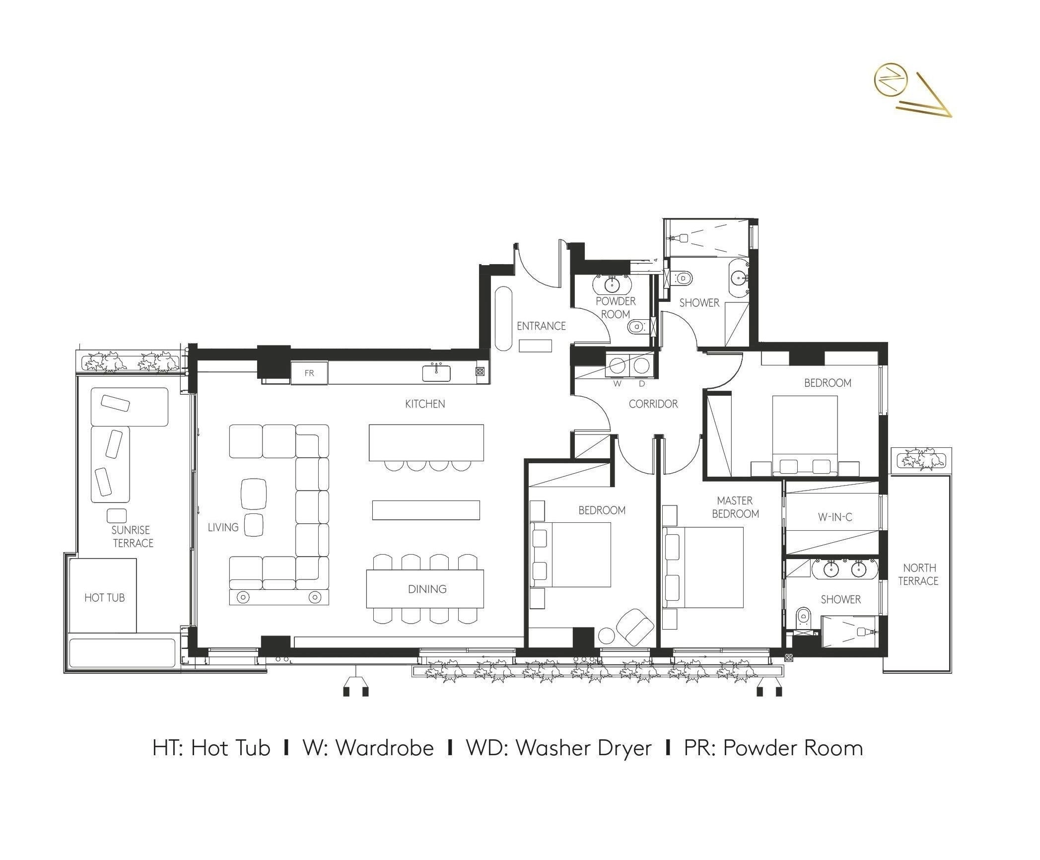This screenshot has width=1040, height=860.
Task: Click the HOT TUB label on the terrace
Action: (104, 598)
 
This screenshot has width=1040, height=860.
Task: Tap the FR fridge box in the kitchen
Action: (309, 373)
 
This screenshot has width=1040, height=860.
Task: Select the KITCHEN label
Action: (425, 404)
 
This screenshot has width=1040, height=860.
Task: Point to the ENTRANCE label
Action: (541, 326)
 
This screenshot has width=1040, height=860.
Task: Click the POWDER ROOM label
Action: (616, 308)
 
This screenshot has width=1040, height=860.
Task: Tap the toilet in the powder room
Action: (637, 327)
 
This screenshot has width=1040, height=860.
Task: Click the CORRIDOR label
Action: (653, 404)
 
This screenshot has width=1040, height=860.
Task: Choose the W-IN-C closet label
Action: (835, 517)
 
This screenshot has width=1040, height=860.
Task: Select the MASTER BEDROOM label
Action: (735, 507)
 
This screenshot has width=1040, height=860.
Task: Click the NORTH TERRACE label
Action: (919, 574)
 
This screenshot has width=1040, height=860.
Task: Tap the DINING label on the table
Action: (427, 589)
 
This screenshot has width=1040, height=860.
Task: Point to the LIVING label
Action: (223, 527)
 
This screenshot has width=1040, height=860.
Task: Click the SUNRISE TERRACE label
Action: (132, 536)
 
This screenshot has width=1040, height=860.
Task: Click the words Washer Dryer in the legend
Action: (584, 748)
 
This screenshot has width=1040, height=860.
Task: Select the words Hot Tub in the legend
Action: (231, 748)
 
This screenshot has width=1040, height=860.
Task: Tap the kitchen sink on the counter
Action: (436, 373)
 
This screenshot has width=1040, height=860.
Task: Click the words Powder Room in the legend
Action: (793, 748)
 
